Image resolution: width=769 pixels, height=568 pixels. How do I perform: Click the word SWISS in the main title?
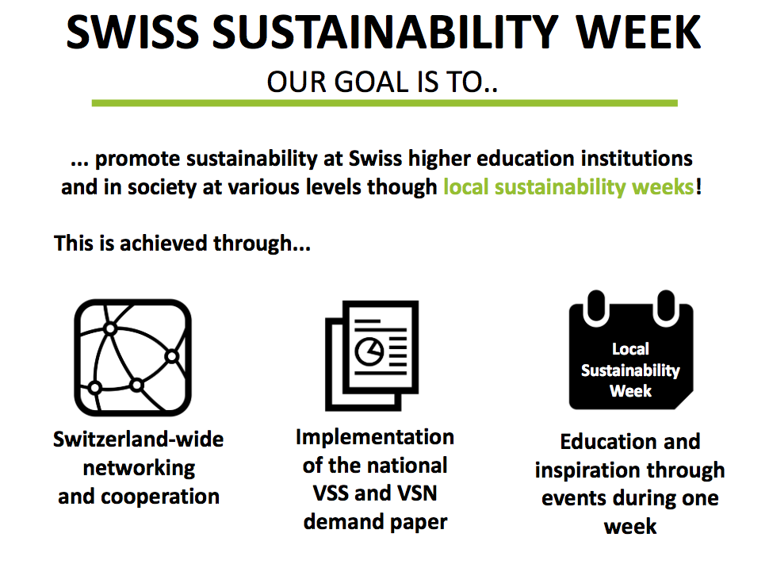click(x=132, y=32)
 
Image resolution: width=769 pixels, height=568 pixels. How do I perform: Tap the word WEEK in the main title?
click(x=638, y=32)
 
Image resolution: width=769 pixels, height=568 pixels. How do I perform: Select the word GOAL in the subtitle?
click(x=371, y=82)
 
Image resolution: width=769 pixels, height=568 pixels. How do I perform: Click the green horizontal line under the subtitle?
click(x=384, y=103)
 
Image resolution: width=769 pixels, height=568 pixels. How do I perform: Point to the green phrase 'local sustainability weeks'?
click(x=569, y=187)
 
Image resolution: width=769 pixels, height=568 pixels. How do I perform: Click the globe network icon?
click(x=133, y=358)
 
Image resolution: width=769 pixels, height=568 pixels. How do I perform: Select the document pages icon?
click(x=372, y=355)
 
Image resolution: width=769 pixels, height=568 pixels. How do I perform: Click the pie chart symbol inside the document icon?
click(x=369, y=351)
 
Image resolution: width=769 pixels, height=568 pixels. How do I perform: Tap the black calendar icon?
click(x=631, y=350)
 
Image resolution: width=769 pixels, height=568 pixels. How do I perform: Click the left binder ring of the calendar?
click(x=596, y=308)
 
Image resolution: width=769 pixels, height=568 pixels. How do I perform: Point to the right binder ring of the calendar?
click(x=666, y=308)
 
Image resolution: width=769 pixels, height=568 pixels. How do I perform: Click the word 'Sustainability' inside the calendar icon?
click(x=631, y=370)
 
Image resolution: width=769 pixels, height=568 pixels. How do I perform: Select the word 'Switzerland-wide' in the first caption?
click(x=138, y=439)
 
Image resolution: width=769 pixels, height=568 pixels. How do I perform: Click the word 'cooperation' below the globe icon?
click(x=160, y=497)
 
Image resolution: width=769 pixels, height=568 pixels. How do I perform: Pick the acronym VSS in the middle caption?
click(x=331, y=493)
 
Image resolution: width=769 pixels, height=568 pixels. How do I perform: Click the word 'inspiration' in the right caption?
click(x=587, y=470)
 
